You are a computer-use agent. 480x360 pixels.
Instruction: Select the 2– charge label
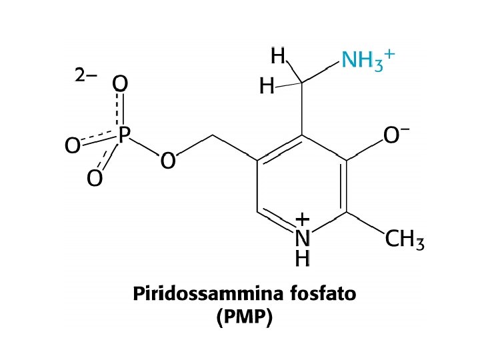85,75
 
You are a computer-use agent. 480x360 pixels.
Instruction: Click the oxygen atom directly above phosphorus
121,84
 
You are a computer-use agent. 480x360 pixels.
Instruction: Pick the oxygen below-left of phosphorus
95,179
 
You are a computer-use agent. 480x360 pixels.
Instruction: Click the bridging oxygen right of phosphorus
168,160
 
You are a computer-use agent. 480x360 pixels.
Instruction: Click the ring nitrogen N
303,238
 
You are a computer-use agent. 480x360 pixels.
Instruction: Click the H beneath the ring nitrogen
303,257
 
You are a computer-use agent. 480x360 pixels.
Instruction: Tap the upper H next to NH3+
278,57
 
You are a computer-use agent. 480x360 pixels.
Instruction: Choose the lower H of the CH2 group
267,87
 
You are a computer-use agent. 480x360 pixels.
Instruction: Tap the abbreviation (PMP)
245,318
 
